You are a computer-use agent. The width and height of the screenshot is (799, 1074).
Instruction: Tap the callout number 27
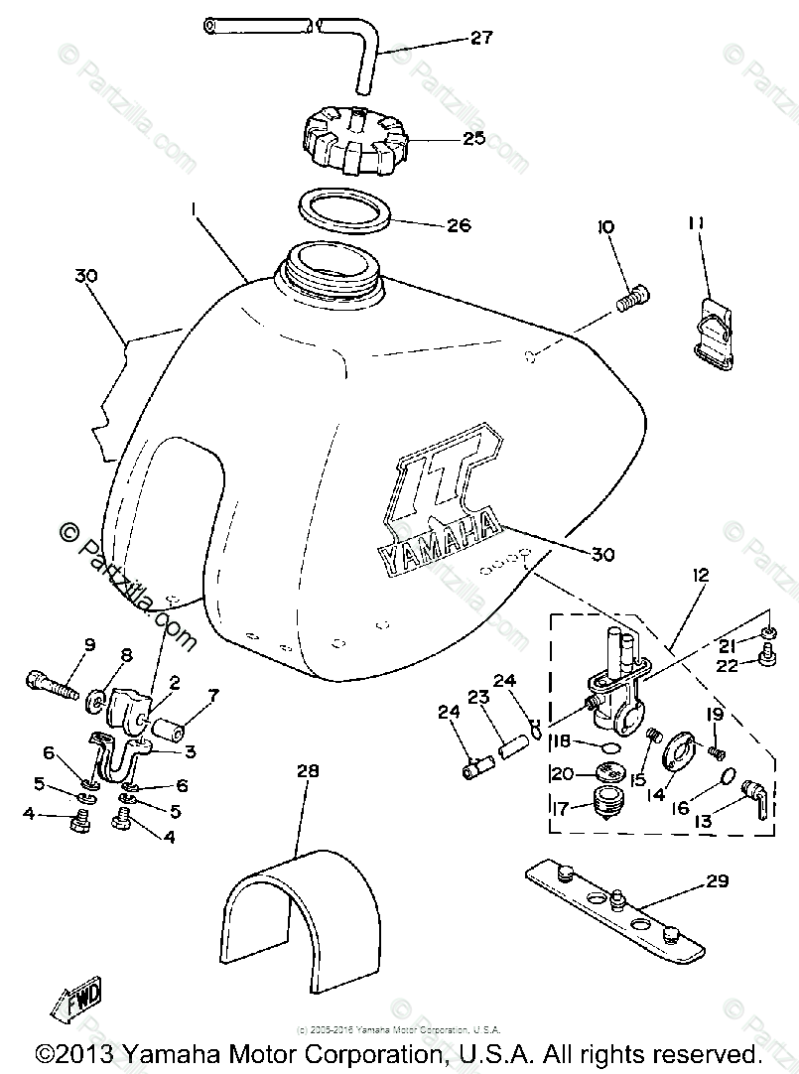click(481, 40)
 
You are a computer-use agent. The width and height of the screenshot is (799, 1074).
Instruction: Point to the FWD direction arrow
click(71, 1005)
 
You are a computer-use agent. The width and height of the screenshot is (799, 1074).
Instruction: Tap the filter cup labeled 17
click(606, 801)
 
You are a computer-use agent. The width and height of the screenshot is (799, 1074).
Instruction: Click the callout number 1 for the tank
click(194, 210)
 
